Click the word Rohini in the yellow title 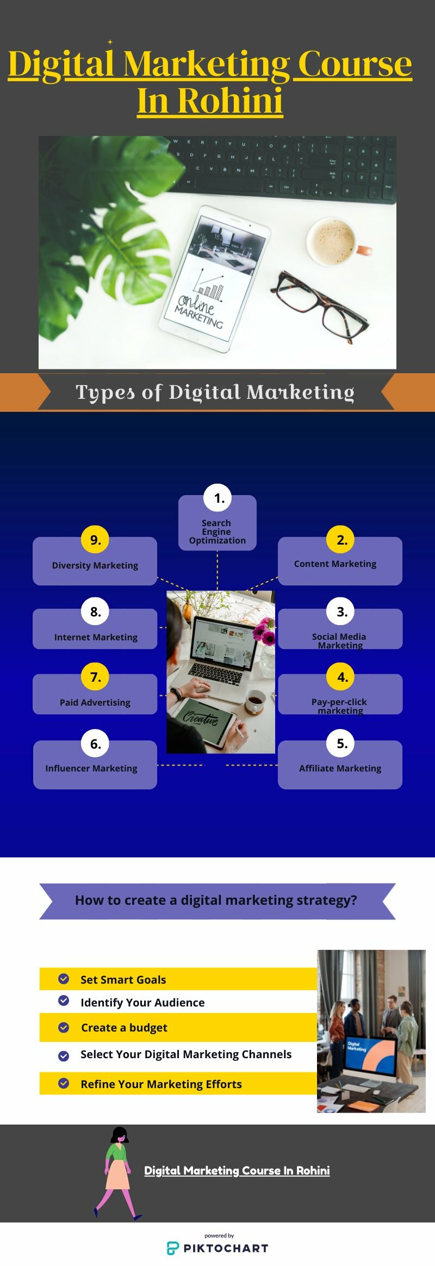pos(230,101)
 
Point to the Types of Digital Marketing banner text pos(215,392)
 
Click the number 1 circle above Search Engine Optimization pos(217,498)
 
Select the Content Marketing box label pos(335,564)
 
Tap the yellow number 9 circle pos(95,540)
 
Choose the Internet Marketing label pos(96,637)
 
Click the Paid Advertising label pos(95,702)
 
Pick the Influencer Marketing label pos(91,768)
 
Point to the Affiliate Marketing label pos(340,768)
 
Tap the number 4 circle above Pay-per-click pos(342,677)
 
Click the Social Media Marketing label pos(339,641)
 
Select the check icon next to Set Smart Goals pos(64,979)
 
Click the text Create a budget pos(124,1028)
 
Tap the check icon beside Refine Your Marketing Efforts pos(64,1083)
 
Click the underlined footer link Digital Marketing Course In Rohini pos(237,1171)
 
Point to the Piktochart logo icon pos(172,1249)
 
